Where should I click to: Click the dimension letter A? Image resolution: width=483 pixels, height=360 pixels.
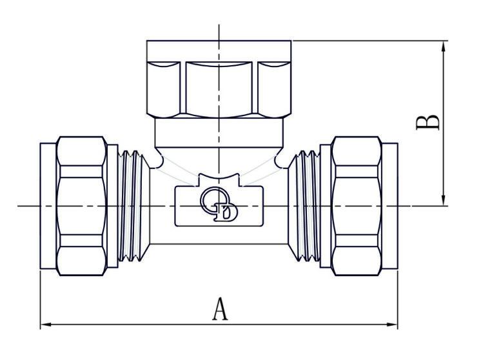click(x=220, y=310)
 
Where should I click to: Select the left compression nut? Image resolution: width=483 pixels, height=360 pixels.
click(x=81, y=206)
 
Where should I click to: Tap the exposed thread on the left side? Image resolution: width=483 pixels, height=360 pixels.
click(x=134, y=206)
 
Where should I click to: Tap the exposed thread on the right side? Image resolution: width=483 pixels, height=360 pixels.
click(x=304, y=206)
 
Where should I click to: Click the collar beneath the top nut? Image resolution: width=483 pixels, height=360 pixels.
click(x=219, y=132)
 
